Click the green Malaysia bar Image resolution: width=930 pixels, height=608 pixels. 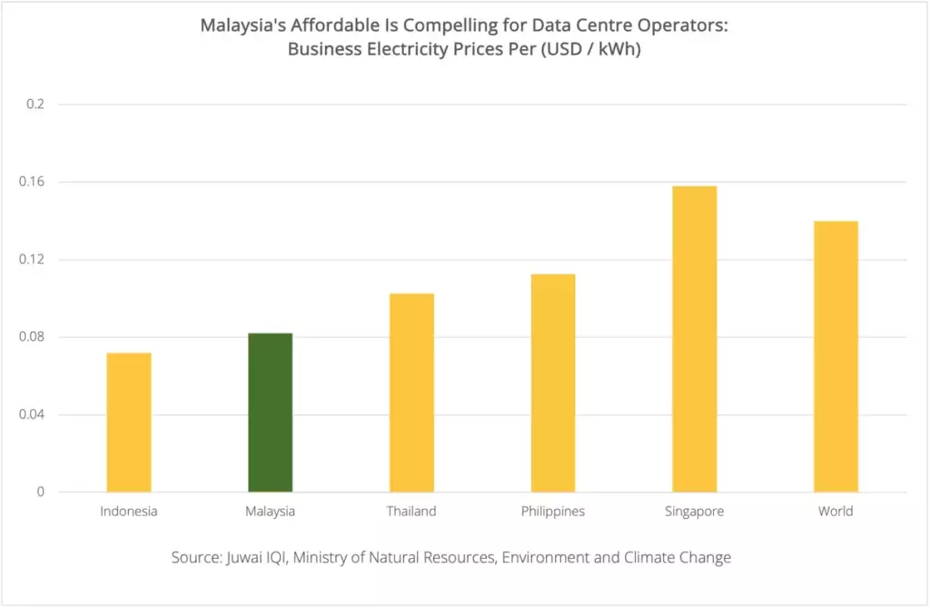270,413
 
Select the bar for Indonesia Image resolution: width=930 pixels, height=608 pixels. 129,423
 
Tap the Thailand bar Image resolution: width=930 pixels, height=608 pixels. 411,393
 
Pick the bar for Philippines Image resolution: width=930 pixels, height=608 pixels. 553,383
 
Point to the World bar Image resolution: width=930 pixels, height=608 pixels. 836,356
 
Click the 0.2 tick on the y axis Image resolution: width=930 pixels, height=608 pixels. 35,105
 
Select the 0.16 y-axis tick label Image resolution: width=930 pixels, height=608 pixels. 34,182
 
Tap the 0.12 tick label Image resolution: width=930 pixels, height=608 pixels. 34,260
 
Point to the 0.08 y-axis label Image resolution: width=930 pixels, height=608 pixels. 34,337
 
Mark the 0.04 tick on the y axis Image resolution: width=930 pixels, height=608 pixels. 34,415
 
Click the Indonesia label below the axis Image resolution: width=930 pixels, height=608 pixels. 129,512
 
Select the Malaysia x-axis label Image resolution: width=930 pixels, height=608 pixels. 270,512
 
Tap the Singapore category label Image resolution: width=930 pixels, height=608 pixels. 694,512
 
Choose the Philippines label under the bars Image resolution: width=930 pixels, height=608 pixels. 553,512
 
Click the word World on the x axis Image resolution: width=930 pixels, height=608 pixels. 836,512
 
